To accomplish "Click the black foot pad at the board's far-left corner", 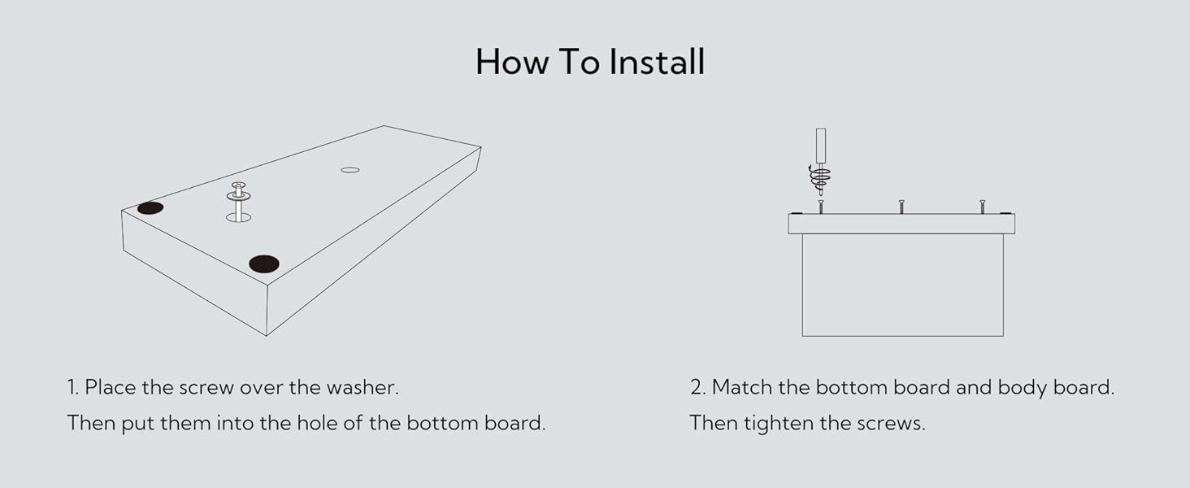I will click(150, 207).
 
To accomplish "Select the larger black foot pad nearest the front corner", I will click(264, 264).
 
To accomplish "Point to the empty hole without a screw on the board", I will click(350, 169).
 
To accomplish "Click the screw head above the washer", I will click(238, 186).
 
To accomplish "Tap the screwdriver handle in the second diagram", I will click(821, 146).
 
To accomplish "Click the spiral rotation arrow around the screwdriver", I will click(820, 175).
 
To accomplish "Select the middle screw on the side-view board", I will click(901, 207).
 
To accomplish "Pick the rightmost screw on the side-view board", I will click(982, 207).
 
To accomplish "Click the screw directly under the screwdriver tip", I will click(821, 207).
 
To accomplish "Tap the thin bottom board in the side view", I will click(901, 224).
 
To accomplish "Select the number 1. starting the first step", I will click(73, 387).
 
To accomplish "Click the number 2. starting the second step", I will click(698, 387).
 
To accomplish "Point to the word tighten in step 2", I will click(771, 423).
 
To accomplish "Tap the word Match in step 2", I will click(741, 387).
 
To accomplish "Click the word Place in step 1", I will click(111, 387).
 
